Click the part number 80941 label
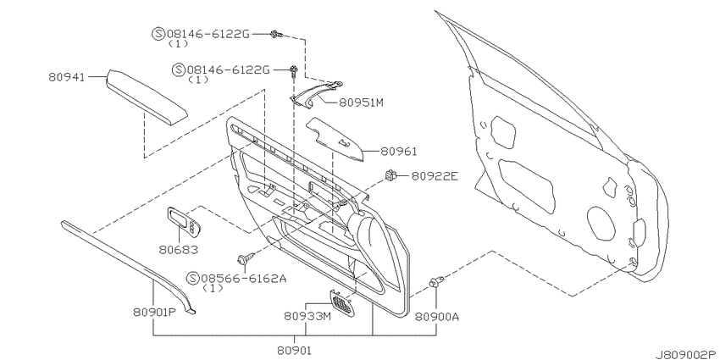coord(67,77)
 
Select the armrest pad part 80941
coord(147,97)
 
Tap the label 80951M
coord(361,102)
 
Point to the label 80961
coord(392,151)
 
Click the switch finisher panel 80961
coord(335,139)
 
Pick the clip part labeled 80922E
coord(390,175)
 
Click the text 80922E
coord(435,175)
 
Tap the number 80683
coord(179,249)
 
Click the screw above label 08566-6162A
coord(242,260)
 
